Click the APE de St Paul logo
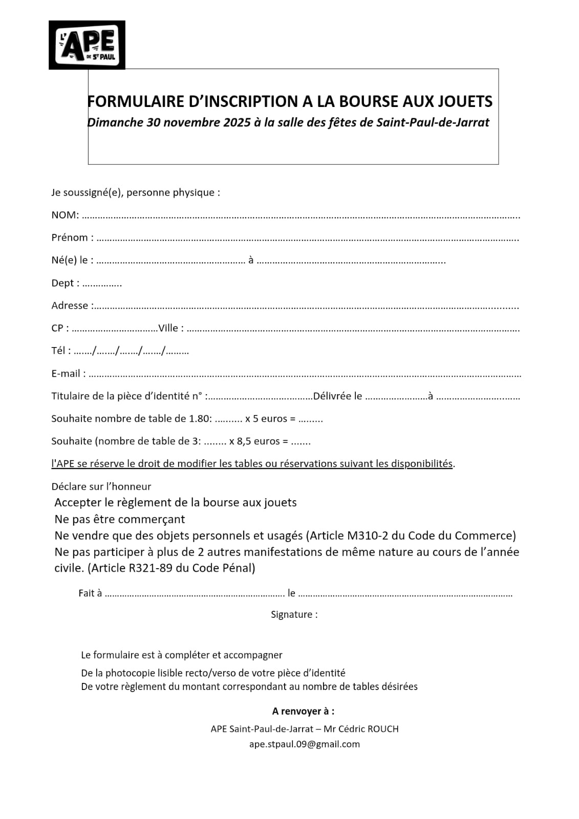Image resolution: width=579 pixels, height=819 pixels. pos(87,45)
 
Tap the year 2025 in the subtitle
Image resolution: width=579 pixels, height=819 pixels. pos(237,123)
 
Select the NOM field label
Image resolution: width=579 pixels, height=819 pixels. pos(64,215)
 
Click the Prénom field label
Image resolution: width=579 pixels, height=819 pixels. pos(71,238)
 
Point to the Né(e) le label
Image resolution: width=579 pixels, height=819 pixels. pos(71,260)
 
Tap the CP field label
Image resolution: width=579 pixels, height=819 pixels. pos(58,328)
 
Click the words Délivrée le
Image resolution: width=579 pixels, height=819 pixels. pos(337,396)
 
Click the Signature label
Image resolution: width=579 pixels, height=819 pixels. pos(293,614)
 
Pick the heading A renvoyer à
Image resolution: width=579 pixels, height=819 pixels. pos(303,711)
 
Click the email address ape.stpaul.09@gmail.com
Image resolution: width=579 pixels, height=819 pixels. pos(304,744)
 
